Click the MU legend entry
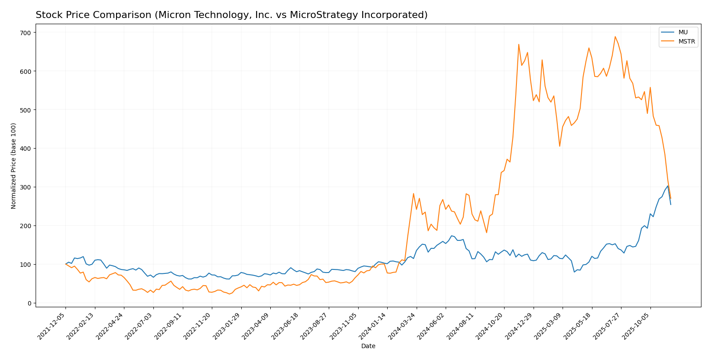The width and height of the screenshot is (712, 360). point(683,32)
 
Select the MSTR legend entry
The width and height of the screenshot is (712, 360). point(686,42)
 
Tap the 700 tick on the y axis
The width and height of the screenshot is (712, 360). point(25,33)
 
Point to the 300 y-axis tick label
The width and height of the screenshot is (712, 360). point(25,187)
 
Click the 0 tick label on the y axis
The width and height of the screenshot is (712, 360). point(29,303)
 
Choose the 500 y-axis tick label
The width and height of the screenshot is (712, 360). point(25,110)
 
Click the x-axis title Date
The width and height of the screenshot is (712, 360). point(368,346)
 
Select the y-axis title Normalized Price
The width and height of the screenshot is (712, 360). point(14,166)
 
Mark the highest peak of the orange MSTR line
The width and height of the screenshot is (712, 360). point(615,36)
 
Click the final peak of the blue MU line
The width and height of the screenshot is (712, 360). point(668,185)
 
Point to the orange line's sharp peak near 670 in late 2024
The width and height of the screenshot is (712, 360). point(519,44)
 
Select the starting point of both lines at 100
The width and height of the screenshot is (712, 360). point(65,264)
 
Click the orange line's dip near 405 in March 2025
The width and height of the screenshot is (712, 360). point(559,146)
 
